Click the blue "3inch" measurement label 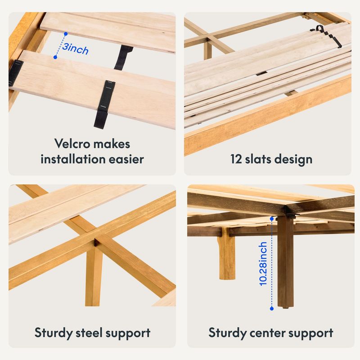point(75,49)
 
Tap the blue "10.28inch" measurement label point(263,264)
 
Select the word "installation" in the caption point(72,159)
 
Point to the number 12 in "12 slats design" point(236,159)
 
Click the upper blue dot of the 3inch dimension point(66,34)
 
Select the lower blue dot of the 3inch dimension point(55,57)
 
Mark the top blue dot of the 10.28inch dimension point(272,219)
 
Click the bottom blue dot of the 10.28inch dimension point(272,309)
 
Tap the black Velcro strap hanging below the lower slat point(104,104)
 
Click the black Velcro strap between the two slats point(123,58)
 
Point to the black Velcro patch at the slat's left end point(15,73)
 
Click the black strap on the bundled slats point(326,36)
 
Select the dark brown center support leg point(285,261)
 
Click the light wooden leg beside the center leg point(227,256)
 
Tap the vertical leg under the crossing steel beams point(94,275)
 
